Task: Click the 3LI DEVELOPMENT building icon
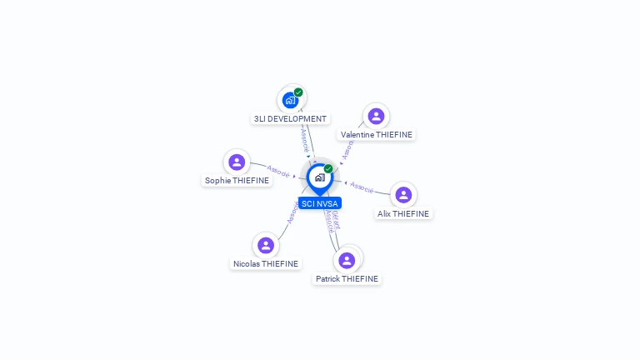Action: (x=290, y=100)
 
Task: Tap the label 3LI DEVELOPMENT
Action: (x=290, y=118)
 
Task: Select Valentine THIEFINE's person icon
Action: (x=376, y=116)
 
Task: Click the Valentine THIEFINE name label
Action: (x=376, y=134)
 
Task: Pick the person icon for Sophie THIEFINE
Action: (x=237, y=162)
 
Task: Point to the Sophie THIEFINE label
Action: (x=237, y=180)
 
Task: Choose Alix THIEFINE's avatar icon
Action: (x=403, y=195)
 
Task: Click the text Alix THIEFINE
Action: (x=403, y=213)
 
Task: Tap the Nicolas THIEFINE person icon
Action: (x=266, y=245)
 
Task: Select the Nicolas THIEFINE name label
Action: (x=266, y=263)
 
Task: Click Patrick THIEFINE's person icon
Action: (x=347, y=260)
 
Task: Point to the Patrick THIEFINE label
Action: (x=347, y=278)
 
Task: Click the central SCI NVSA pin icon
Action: (x=319, y=177)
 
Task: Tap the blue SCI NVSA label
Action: (x=320, y=202)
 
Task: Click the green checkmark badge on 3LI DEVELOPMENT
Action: (x=298, y=92)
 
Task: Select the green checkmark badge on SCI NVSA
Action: (x=328, y=169)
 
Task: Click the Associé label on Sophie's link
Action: (x=279, y=172)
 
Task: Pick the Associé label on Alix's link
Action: (x=362, y=186)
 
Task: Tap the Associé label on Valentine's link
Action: (x=348, y=148)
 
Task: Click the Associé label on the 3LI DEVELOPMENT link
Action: (x=305, y=138)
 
